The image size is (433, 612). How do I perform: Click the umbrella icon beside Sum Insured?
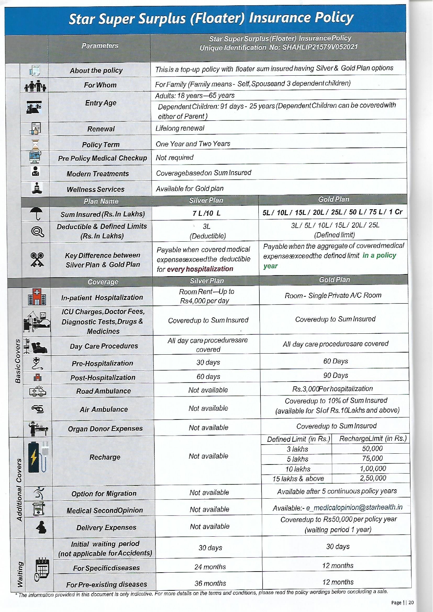(36, 213)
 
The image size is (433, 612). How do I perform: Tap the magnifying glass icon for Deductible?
(37, 231)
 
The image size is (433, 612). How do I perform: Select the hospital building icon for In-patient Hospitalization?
(37, 297)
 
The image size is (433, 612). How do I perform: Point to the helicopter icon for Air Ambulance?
(38, 409)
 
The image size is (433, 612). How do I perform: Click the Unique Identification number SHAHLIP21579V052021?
(320, 47)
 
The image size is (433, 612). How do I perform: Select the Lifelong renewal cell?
(180, 128)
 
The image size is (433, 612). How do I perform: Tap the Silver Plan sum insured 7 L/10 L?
(206, 213)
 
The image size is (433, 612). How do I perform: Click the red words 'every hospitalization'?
(200, 269)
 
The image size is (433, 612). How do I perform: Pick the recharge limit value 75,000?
(372, 459)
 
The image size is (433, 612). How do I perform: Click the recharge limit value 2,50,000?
(373, 478)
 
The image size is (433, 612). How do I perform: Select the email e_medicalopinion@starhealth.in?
(354, 508)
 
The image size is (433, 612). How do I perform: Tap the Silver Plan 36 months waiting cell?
(210, 583)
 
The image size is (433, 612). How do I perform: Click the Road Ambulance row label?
(104, 391)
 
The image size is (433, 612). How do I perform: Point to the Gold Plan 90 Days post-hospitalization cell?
(335, 376)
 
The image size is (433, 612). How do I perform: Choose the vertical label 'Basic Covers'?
(18, 361)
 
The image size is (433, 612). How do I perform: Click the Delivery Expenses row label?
(106, 528)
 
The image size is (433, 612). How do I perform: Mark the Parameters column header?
(100, 46)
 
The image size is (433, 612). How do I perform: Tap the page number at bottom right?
(411, 602)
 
